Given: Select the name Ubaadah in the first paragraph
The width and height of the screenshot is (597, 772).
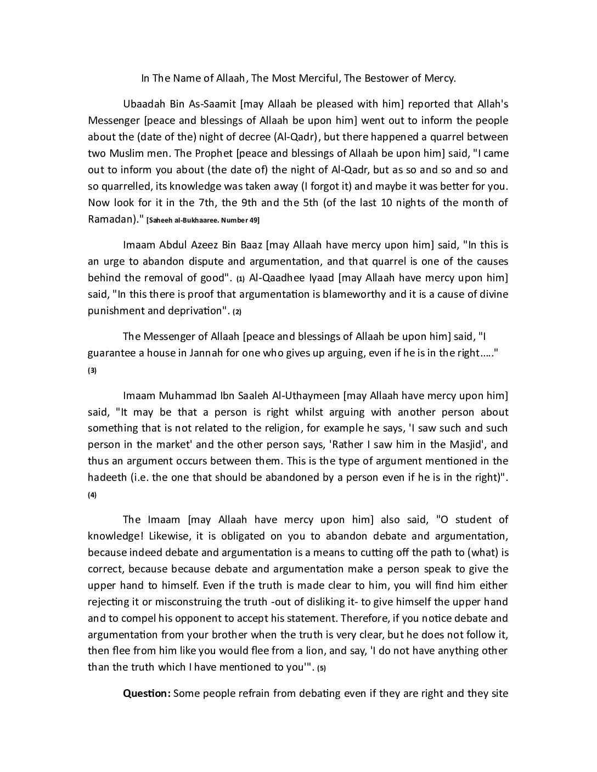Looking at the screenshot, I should coord(142,104).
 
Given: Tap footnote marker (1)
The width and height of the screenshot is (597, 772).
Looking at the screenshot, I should coord(240,279).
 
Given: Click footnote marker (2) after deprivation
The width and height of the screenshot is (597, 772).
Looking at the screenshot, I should coord(237,311).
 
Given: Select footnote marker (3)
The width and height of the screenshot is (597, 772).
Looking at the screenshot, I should coord(92,370).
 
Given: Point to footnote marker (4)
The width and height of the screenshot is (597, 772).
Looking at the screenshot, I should coord(92,495).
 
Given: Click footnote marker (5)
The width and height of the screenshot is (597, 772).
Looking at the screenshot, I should coord(322,668).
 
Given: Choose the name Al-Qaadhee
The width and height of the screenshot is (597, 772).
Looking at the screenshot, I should coord(275,277).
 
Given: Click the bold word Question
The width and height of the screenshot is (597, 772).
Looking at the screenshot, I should coord(147,694).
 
